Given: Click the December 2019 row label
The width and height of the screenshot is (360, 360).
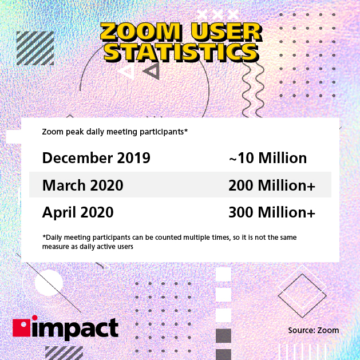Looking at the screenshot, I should [96, 158].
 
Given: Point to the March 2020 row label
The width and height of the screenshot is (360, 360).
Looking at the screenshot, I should [82, 185].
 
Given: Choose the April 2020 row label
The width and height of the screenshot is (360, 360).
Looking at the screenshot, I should [78, 212].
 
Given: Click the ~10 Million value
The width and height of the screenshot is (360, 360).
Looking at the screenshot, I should [267, 158].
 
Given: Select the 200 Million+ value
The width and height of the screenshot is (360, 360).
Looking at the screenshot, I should [272, 185].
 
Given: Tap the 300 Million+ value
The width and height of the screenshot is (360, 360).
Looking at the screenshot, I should [272, 212].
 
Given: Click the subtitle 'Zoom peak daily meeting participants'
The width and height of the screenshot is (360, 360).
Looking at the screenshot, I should [115, 132].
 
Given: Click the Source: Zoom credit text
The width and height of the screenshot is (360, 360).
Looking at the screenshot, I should [314, 330].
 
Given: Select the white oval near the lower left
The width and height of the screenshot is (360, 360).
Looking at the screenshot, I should [49, 282].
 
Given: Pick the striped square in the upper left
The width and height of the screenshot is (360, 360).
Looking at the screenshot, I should [35, 48].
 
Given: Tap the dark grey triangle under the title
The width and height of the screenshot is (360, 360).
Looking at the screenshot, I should [152, 70].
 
